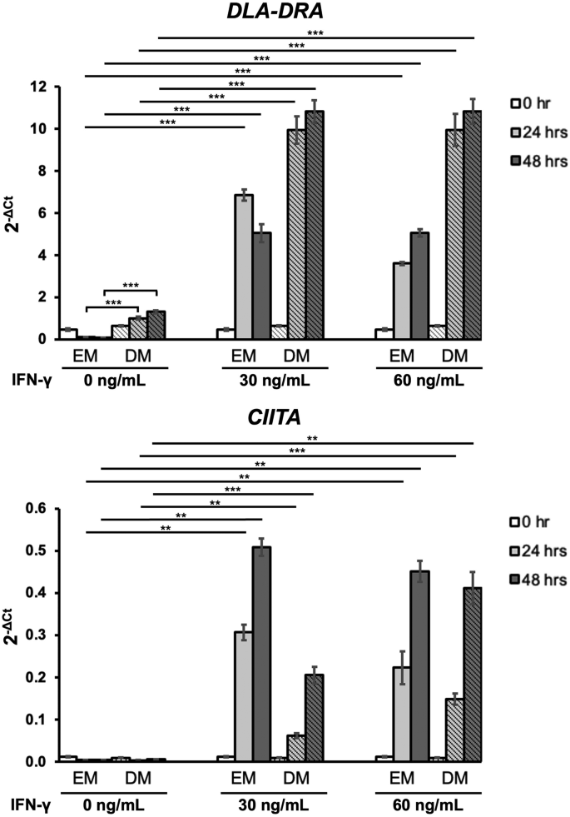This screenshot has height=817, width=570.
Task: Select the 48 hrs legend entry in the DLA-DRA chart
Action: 539,162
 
